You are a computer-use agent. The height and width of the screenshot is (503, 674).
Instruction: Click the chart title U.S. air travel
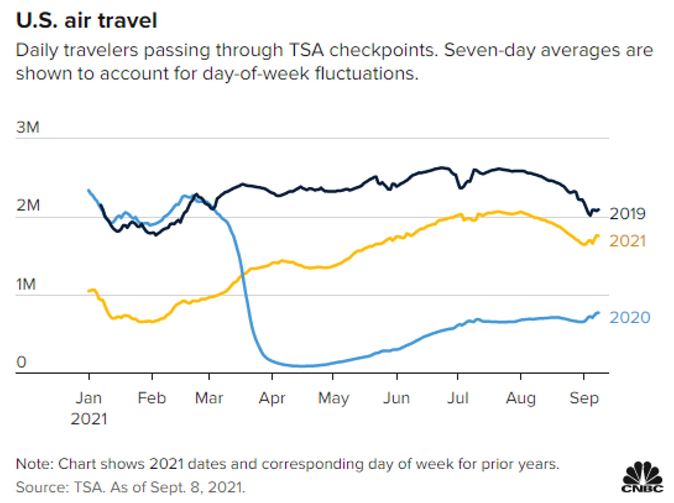[x=86, y=21]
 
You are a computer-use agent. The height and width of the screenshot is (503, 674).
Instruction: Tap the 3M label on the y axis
[x=28, y=128]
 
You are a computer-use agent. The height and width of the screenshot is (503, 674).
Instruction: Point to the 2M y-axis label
[x=28, y=205]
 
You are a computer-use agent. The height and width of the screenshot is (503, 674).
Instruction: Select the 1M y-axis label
[x=26, y=284]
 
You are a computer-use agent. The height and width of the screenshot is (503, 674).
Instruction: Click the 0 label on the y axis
[x=21, y=362]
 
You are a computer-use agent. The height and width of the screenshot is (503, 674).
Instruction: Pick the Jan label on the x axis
[x=89, y=398]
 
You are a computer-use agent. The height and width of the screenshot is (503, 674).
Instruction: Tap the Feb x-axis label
[x=152, y=398]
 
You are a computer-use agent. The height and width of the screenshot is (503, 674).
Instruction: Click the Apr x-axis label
[x=272, y=398]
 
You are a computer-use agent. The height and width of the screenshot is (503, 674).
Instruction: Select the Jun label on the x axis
[x=397, y=398]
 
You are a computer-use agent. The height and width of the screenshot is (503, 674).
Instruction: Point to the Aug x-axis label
[x=520, y=398]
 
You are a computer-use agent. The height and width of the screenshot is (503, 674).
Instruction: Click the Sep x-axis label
[x=584, y=398]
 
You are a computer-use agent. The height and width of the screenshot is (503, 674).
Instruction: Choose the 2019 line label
[x=628, y=214]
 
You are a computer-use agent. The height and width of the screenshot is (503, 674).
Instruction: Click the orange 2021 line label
[x=628, y=241]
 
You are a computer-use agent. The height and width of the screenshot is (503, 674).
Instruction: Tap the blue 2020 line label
[x=630, y=317]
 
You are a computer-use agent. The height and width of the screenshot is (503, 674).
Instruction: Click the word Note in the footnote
[x=33, y=464]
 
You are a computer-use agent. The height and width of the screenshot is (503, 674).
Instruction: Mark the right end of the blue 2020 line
[x=598, y=313]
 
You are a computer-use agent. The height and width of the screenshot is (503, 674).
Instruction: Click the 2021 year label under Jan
[x=89, y=419]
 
